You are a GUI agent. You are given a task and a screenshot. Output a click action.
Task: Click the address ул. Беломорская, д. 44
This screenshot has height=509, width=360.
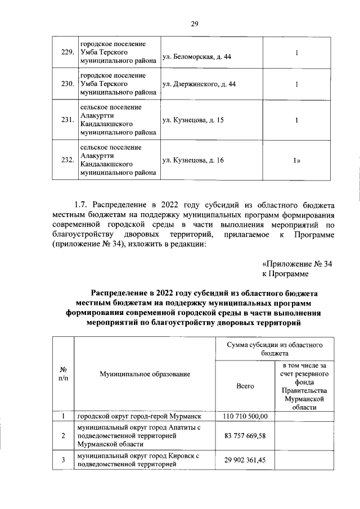tap(196, 57)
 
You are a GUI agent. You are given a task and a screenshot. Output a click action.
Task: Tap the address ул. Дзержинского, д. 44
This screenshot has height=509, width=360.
tap(199, 84)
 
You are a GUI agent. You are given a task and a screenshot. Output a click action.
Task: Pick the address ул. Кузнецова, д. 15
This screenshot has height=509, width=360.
tap(192, 120)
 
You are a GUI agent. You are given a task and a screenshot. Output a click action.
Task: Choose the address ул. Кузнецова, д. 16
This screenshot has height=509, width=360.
tap(192, 160)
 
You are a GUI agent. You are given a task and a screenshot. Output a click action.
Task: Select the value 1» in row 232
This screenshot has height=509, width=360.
tap(296, 160)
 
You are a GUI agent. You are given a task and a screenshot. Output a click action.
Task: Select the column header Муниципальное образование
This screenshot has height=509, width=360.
tap(145, 374)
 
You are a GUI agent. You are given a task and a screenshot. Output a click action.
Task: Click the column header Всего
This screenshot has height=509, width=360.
tap(246, 386)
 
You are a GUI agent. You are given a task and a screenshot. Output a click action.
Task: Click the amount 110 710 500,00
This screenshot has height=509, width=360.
tap(246, 416)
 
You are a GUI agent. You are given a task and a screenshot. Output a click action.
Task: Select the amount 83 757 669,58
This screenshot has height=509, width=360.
tap(246, 436)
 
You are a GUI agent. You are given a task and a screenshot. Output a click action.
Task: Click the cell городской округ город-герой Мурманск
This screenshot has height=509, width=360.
tap(139, 417)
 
